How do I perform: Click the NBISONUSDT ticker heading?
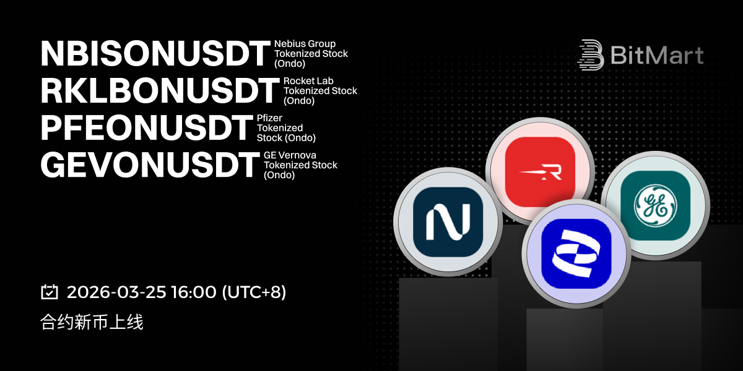pyautogui.click(x=155, y=54)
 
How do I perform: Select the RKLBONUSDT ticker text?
pyautogui.click(x=160, y=91)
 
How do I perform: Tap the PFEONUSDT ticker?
pyautogui.click(x=147, y=128)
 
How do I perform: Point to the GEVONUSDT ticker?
pyautogui.click(x=150, y=165)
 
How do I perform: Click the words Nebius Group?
pyautogui.click(x=305, y=44)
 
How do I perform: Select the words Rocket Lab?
pyautogui.click(x=308, y=81)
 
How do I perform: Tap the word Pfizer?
pyautogui.click(x=269, y=118)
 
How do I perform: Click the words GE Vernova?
pyautogui.click(x=290, y=155)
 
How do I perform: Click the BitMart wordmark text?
pyautogui.click(x=657, y=55)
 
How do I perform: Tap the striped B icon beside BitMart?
pyautogui.click(x=591, y=55)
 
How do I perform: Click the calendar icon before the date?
pyautogui.click(x=50, y=292)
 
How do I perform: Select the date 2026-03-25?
pyautogui.click(x=116, y=292)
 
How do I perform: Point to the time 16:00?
pyautogui.click(x=194, y=292)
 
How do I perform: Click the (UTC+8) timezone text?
pyautogui.click(x=254, y=292)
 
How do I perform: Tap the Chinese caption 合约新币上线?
pyautogui.click(x=92, y=322)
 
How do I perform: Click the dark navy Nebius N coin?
pyautogui.click(x=448, y=221)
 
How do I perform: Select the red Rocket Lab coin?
pyautogui.click(x=540, y=172)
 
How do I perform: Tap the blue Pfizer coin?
pyautogui.click(x=576, y=254)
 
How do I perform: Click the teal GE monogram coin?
pyautogui.click(x=656, y=205)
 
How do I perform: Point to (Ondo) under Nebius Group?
pyautogui.click(x=290, y=63)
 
